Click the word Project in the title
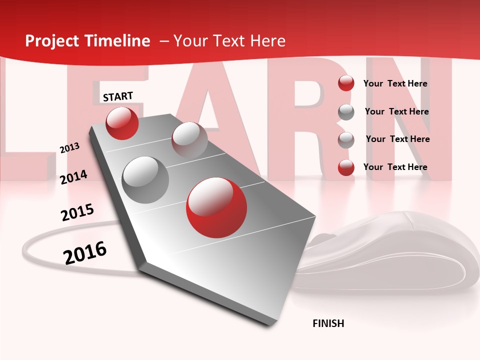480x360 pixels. tap(51, 41)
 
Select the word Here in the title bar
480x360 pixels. tap(267, 41)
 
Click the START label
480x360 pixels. tap(118, 96)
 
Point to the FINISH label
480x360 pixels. tap(328, 323)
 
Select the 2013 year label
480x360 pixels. tap(69, 148)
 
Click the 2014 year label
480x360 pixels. tap(73, 177)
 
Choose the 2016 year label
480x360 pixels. tap(85, 253)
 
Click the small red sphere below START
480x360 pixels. tap(122, 123)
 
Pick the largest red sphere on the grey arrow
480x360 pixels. tap(216, 207)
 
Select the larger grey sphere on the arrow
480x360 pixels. tap(145, 179)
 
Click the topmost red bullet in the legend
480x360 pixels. tap(346, 83)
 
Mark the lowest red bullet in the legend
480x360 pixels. tap(346, 167)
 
